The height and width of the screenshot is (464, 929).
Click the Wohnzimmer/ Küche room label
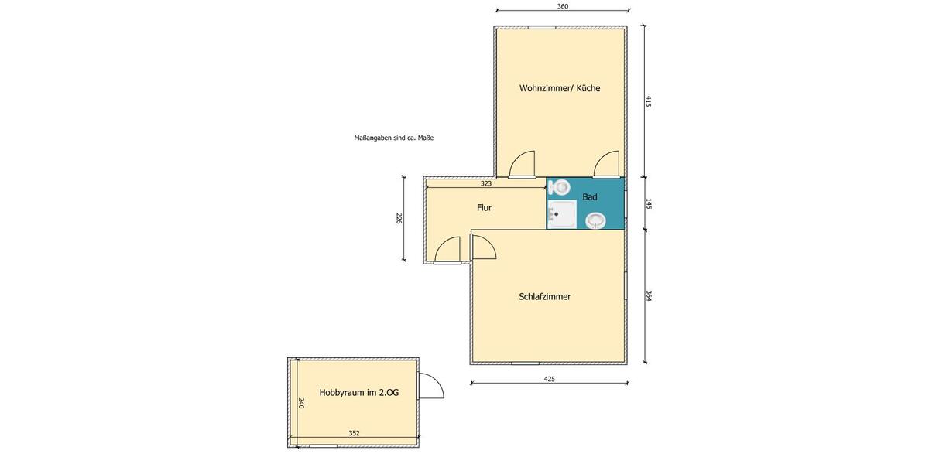click(560, 88)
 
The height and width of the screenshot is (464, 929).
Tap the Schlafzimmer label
click(545, 296)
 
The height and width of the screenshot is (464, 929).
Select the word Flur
click(484, 207)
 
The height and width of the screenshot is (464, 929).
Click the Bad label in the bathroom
click(590, 197)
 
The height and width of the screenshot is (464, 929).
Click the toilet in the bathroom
click(560, 186)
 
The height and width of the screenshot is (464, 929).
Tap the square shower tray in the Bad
click(560, 214)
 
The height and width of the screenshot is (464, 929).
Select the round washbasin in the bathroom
click(595, 221)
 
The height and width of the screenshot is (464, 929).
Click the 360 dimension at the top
click(563, 7)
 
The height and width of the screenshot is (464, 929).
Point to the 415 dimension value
click(649, 101)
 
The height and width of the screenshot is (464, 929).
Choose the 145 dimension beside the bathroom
click(649, 204)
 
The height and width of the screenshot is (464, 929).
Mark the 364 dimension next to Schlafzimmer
click(649, 296)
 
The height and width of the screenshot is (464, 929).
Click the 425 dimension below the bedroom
click(550, 379)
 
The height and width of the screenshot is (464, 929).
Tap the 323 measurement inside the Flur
click(486, 184)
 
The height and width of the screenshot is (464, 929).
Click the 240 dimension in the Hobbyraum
click(302, 403)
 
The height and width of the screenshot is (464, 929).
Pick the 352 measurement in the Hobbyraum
click(354, 433)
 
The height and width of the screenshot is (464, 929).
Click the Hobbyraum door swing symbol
click(430, 385)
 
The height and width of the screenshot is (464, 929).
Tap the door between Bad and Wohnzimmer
click(606, 165)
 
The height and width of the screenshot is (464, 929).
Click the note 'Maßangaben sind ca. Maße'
click(393, 138)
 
